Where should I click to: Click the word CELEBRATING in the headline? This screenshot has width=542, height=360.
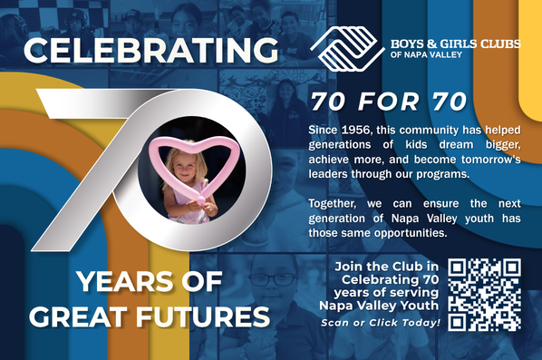click(x=150, y=51)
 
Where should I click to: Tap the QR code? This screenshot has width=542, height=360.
click(x=484, y=295)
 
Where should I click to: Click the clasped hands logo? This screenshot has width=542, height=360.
click(x=347, y=49)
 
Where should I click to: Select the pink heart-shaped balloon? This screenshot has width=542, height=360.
click(x=194, y=162)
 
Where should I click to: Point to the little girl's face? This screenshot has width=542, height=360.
click(x=184, y=167)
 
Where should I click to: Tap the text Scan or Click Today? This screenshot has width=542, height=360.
click(x=381, y=323)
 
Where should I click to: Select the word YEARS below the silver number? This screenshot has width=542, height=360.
click(x=125, y=281)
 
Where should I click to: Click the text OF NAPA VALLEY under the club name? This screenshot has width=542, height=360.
click(x=426, y=54)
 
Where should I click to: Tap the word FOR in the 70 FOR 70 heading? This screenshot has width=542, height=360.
click(x=389, y=102)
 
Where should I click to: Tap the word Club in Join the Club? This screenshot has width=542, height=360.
click(x=402, y=267)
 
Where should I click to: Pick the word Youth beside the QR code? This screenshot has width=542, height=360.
click(x=422, y=306)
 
